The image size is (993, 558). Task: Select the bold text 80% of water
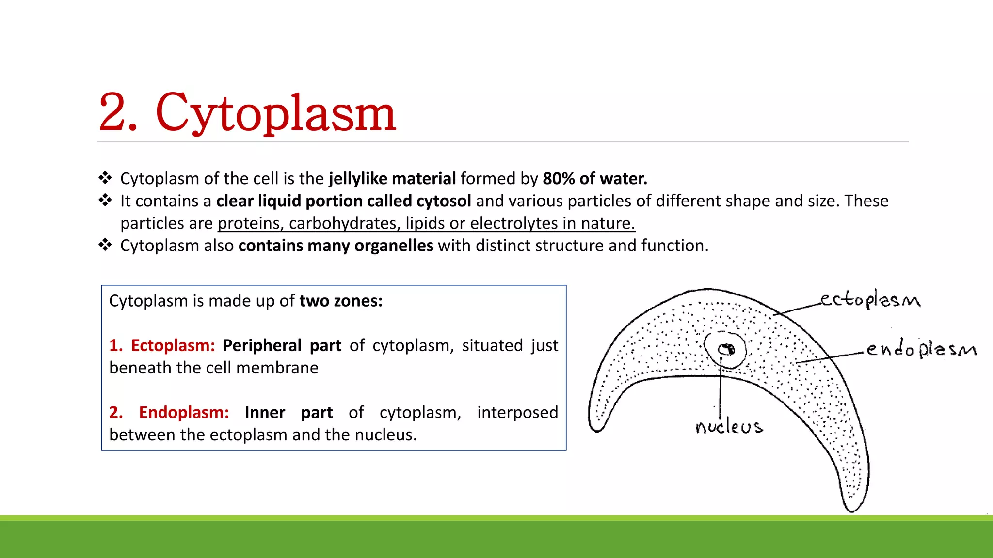click(x=594, y=179)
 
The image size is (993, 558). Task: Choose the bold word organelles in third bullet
click(x=394, y=246)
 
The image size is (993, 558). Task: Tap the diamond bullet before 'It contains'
click(x=105, y=200)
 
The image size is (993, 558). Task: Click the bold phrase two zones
click(x=340, y=301)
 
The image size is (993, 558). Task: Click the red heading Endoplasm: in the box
click(x=183, y=413)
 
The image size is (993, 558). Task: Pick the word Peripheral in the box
click(x=262, y=346)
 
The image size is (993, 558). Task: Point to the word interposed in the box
click(x=517, y=413)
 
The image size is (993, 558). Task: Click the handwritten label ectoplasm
click(x=870, y=299)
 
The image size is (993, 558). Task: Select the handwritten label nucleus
click(x=728, y=427)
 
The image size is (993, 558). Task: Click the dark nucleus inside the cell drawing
click(x=726, y=349)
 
